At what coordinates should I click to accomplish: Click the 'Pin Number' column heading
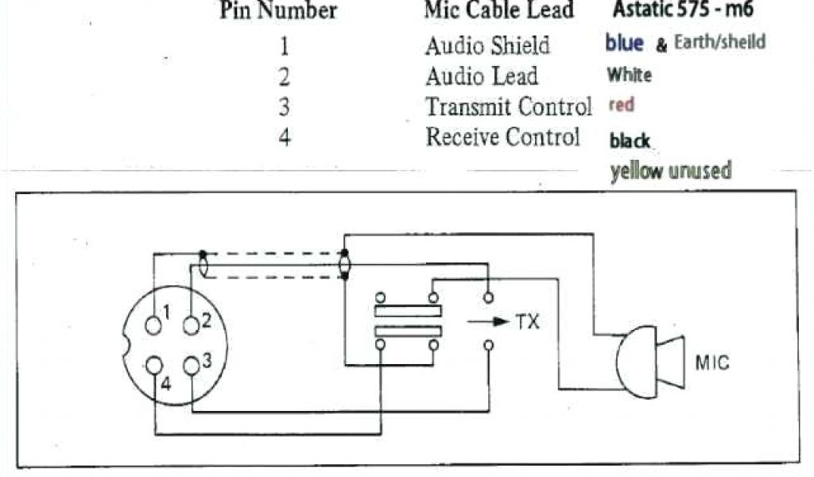[278, 11]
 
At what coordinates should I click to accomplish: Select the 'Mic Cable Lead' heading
[498, 11]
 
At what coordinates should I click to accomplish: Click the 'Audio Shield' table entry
[487, 46]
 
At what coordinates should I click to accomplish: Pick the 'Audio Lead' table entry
[482, 76]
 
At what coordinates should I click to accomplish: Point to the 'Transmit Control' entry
[509, 107]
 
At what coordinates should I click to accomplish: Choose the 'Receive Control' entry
[503, 137]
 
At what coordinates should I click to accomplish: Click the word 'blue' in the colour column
[624, 43]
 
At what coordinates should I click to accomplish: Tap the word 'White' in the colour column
[629, 76]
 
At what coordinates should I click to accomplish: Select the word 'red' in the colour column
[621, 105]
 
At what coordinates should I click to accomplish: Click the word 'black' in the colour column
[630, 142]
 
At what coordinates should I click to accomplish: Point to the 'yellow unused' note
[670, 171]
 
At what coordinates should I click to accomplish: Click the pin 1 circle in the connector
[153, 324]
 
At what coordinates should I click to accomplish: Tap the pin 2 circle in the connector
[191, 324]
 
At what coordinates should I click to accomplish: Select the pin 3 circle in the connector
[191, 365]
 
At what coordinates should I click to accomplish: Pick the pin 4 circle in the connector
[153, 366]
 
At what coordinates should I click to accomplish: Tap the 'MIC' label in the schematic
[712, 365]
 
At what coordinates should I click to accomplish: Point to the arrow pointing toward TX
[486, 323]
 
